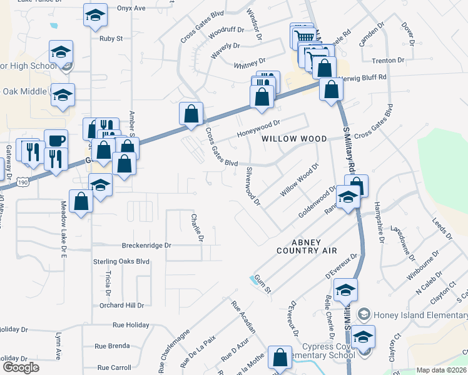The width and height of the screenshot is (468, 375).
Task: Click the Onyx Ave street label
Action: pyautogui.click(x=131, y=8)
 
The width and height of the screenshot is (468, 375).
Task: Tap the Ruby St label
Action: pyautogui.click(x=111, y=38)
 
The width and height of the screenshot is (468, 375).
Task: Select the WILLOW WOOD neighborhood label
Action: pyautogui.click(x=293, y=138)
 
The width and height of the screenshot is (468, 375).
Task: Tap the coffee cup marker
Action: pyautogui.click(x=56, y=139)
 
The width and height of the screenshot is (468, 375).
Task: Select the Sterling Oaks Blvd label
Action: pyautogui.click(x=121, y=261)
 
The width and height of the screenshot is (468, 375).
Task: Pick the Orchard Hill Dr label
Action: pyautogui.click(x=121, y=306)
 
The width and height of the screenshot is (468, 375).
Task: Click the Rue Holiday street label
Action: pyautogui.click(x=131, y=325)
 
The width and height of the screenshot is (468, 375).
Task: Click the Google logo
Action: pyautogui.click(x=21, y=367)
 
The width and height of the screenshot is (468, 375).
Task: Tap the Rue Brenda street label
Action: pyautogui.click(x=112, y=346)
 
